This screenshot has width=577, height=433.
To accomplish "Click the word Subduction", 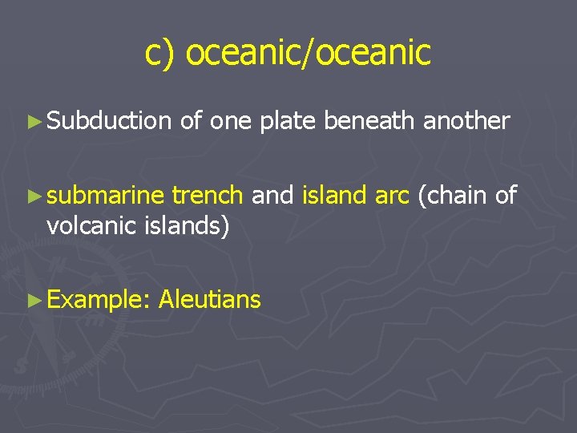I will (109, 121).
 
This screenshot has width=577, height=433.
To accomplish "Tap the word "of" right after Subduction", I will (191, 121).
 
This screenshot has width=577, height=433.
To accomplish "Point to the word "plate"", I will (288, 121).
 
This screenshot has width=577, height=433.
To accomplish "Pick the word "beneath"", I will (369, 121).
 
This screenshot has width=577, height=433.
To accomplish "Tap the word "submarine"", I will (105, 195).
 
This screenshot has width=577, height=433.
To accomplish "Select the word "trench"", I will (208, 195).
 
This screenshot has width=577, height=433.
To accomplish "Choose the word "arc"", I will (393, 195).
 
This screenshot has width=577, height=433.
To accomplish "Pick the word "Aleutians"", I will (210, 300).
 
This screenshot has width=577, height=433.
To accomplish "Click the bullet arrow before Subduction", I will (33, 122).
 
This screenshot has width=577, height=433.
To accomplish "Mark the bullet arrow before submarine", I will (33, 196).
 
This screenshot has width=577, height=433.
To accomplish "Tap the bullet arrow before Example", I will (33, 301).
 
